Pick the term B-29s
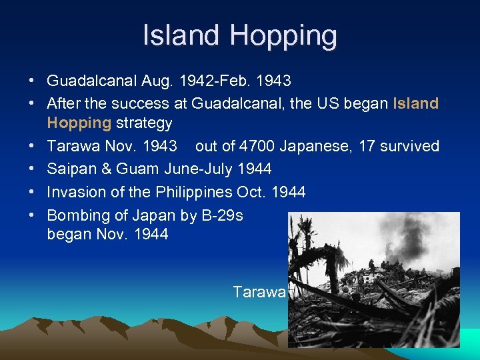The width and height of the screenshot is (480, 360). [x=220, y=215]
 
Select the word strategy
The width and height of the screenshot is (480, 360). [x=144, y=123]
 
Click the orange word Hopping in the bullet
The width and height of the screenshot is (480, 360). [x=79, y=123]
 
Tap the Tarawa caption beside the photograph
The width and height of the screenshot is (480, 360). [x=259, y=292]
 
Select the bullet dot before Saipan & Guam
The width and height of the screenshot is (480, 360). [x=32, y=169]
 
